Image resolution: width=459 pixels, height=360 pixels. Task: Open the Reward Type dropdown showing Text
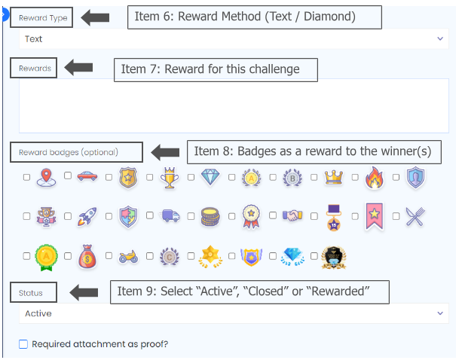pos(234,38)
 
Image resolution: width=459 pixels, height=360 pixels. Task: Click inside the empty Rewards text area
pos(234,106)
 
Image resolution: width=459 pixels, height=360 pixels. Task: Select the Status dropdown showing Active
pos(234,313)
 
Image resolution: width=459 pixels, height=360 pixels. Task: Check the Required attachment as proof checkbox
pos(23,344)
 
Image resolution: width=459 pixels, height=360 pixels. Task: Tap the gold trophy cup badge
pos(169,178)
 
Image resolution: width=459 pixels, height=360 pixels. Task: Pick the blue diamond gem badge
pos(210,178)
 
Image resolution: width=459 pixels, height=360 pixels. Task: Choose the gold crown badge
pos(333,178)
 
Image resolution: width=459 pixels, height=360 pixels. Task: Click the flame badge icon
pos(375,178)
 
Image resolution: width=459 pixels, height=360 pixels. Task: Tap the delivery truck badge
pos(169,218)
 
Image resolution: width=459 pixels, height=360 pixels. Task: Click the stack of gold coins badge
pos(210,218)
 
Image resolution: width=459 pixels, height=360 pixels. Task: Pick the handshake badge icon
pos(292,218)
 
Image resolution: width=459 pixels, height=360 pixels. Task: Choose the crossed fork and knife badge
pos(415,218)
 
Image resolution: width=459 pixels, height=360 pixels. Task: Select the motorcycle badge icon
pos(127,258)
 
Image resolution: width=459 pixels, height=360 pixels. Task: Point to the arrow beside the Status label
pos(84,291)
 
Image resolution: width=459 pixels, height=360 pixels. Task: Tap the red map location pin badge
pos(46,178)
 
